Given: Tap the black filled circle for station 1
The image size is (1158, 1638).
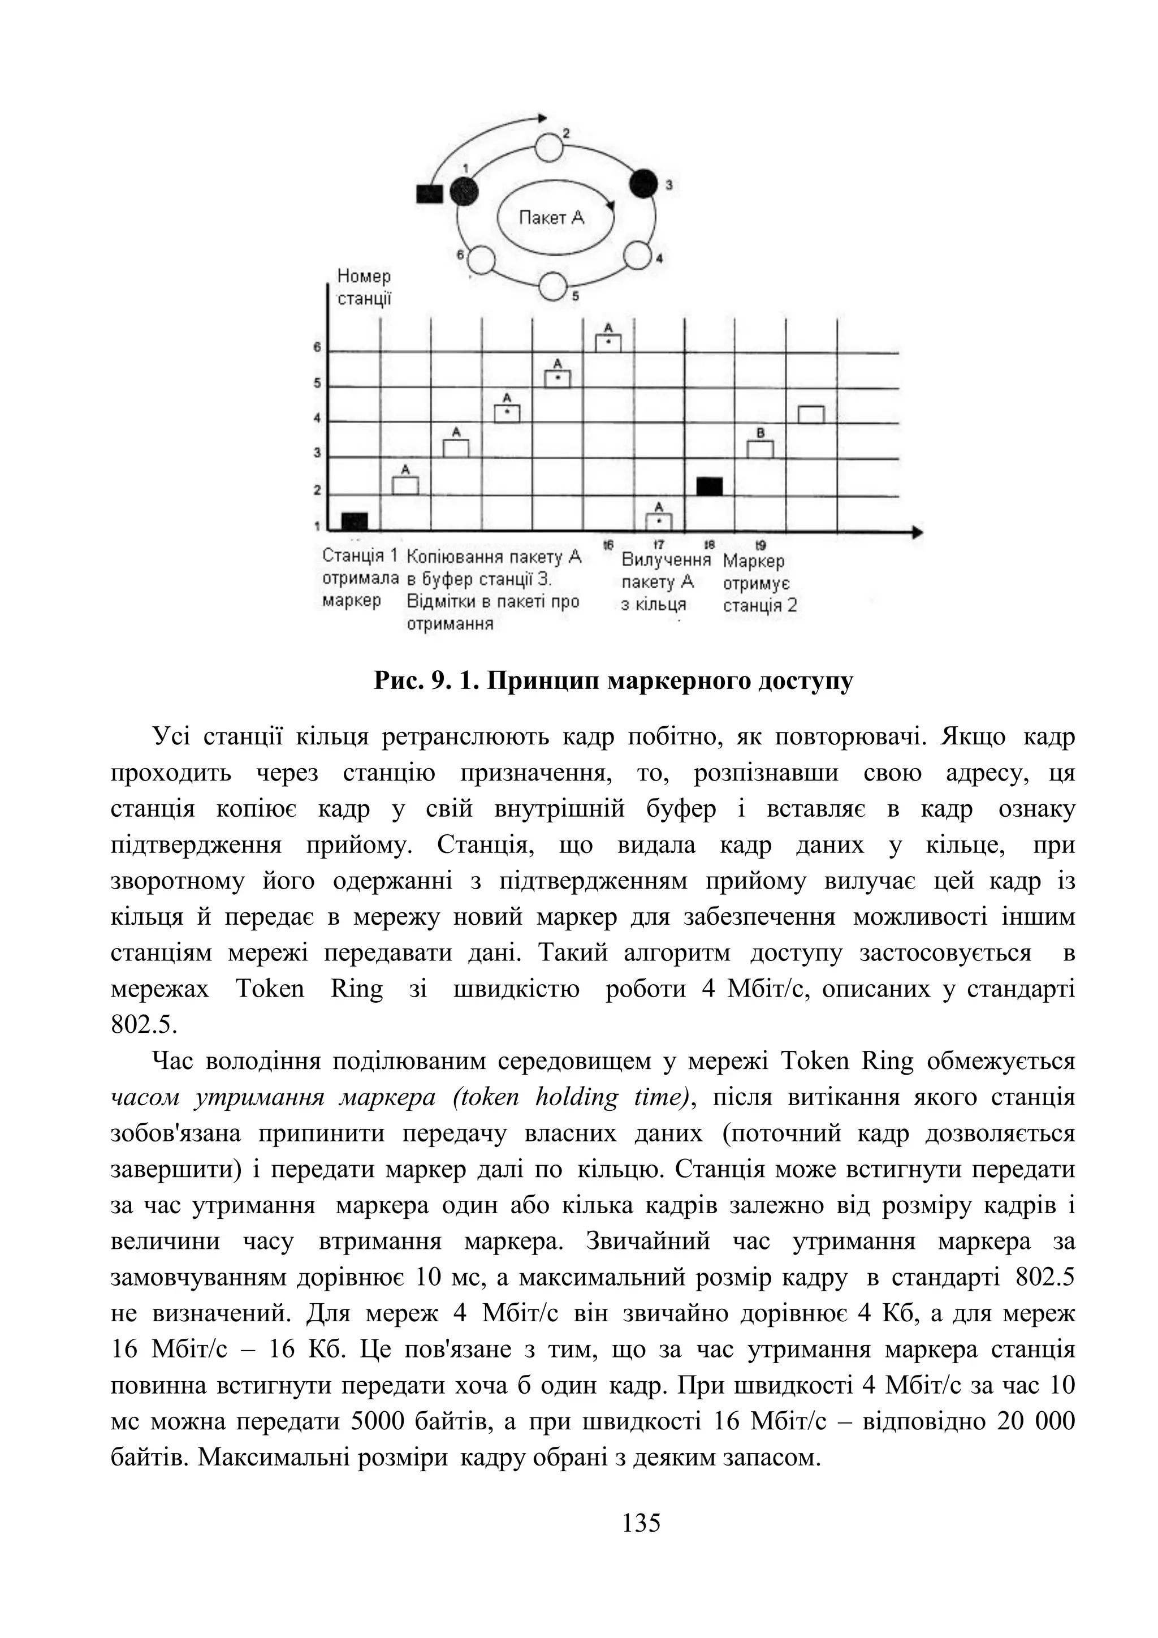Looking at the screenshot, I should [464, 191].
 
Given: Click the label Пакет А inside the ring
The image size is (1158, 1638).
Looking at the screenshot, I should [551, 218].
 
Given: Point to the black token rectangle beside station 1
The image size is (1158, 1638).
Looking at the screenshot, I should [430, 193].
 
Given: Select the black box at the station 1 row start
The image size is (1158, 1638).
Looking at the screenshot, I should [355, 521].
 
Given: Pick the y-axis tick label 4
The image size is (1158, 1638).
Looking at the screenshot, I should [317, 419].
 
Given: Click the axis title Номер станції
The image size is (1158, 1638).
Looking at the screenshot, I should [364, 287].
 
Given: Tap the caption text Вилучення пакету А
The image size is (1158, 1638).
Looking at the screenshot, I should [666, 571].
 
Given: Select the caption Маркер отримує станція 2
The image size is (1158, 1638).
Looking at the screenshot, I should [759, 584].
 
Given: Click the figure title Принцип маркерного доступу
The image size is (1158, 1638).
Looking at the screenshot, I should [613, 682].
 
